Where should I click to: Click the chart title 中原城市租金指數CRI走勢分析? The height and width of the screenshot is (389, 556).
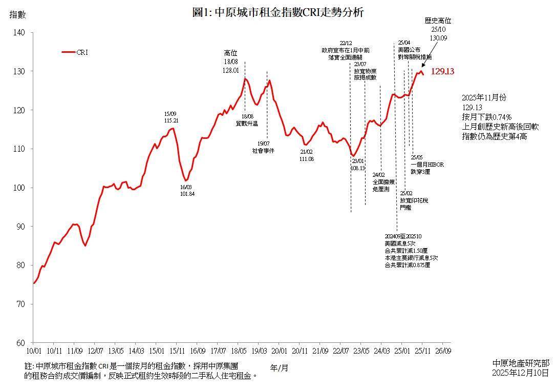point(278,13)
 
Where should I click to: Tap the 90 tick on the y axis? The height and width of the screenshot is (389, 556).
point(20,226)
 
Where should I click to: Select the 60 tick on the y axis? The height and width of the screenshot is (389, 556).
point(20,343)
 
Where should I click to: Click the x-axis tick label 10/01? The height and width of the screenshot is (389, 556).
point(33,351)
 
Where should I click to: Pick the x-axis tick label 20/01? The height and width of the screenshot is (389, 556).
point(279,351)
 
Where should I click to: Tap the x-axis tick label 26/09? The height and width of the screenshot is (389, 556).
point(443,351)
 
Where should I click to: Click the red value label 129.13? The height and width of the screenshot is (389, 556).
point(442,72)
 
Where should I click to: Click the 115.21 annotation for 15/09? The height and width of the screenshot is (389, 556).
point(171,120)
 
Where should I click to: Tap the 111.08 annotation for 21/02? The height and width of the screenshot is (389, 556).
point(307,159)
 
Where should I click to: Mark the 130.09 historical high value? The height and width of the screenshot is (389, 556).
point(438,38)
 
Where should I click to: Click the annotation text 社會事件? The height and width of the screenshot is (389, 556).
point(263,151)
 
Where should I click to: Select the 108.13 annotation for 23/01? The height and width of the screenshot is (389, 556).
point(358,168)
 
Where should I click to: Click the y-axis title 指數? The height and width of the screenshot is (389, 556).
point(17,15)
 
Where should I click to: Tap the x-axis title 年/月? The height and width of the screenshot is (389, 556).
point(279,367)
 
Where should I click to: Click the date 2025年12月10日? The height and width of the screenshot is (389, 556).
point(520,373)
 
